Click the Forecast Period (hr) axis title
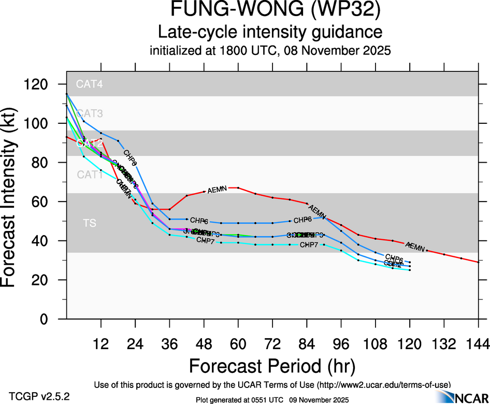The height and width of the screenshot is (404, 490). [x=272, y=366]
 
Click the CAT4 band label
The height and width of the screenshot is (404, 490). [x=90, y=84]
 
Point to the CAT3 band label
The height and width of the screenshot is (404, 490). [x=90, y=113]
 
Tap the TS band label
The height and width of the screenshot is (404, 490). [x=90, y=223]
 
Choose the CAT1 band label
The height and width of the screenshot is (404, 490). [x=90, y=175]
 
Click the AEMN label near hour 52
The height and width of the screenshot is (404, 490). [x=217, y=190]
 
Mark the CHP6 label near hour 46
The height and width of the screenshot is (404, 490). [x=199, y=221]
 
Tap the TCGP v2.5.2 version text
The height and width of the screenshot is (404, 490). [x=39, y=397]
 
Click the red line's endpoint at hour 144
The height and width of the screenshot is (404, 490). [x=478, y=262]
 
